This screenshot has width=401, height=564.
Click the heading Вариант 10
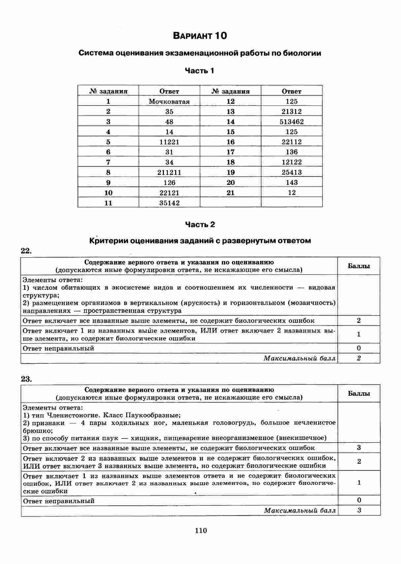(x=200, y=36)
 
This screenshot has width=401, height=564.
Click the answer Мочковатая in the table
(x=169, y=101)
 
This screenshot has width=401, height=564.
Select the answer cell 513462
(x=292, y=122)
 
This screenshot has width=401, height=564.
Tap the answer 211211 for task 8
(x=169, y=172)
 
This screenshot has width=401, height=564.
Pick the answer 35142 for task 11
(x=169, y=203)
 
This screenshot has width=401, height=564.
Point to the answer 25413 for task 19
(x=292, y=172)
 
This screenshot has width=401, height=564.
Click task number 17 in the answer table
(x=231, y=152)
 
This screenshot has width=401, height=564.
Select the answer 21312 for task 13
(x=292, y=112)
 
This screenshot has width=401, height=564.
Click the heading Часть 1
(x=200, y=70)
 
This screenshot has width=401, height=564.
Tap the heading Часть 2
(x=200, y=225)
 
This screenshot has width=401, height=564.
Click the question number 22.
(x=26, y=251)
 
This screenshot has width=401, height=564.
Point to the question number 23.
(x=26, y=379)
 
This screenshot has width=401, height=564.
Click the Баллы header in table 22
(x=359, y=266)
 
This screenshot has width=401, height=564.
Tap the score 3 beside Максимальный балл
(x=359, y=510)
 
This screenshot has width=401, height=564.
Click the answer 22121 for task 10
(x=169, y=193)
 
